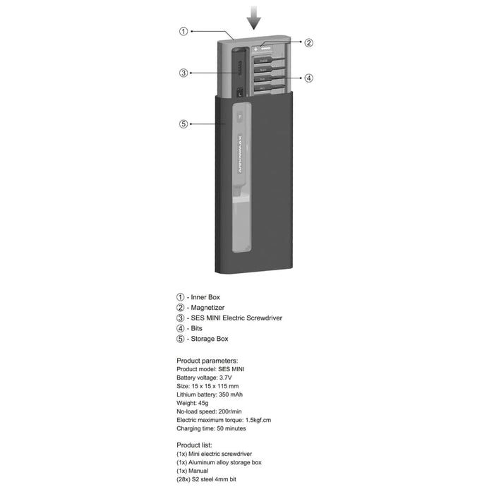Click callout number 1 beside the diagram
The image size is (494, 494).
point(183,31)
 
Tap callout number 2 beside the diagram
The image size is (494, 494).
point(308,42)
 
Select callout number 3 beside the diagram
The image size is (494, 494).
point(183,73)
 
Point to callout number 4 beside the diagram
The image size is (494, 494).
point(308,78)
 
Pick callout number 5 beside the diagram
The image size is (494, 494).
point(183,124)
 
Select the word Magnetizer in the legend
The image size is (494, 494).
point(206,308)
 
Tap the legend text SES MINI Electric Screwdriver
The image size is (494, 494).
point(236,318)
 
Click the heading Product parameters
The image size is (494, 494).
point(207,361)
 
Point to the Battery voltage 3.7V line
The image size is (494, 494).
point(208,378)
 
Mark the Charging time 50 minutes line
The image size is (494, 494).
point(211,428)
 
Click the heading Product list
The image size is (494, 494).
point(194,445)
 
